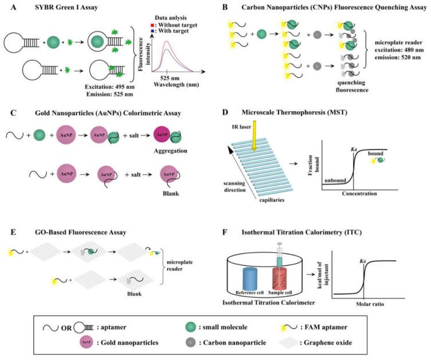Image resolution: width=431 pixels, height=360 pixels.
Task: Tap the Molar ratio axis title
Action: (x=373, y=302)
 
